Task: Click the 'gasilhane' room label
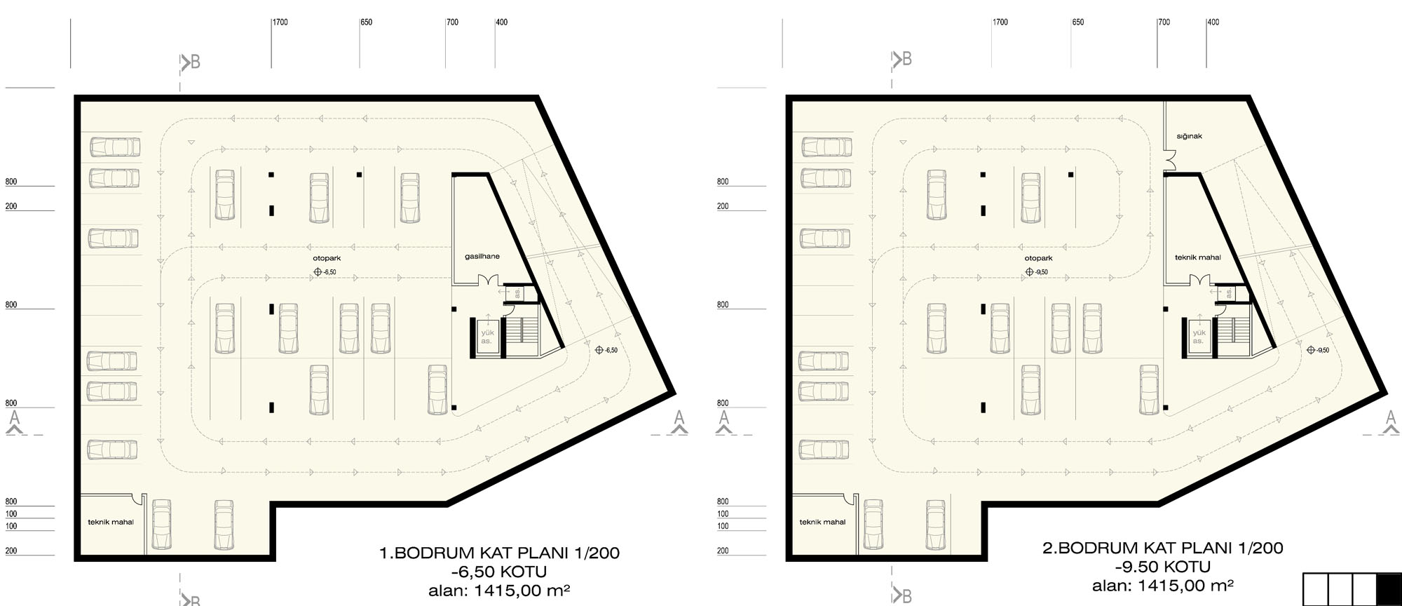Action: pos(482,257)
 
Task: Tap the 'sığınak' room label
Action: pos(1189,136)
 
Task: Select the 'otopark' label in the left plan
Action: pos(327,258)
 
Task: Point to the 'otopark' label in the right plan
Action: pos(1038,258)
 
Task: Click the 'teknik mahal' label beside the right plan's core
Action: pos(1198,257)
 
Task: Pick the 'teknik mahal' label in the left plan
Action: pos(111,522)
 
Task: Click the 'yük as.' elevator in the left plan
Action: pos(486,337)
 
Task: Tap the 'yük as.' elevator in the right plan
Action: pos(1198,337)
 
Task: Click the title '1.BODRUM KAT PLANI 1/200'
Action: pos(499,553)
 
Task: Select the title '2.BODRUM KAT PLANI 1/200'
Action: pos(1163,548)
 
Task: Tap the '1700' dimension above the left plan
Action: pos(280,22)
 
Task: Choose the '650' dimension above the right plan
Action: pos(1078,22)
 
